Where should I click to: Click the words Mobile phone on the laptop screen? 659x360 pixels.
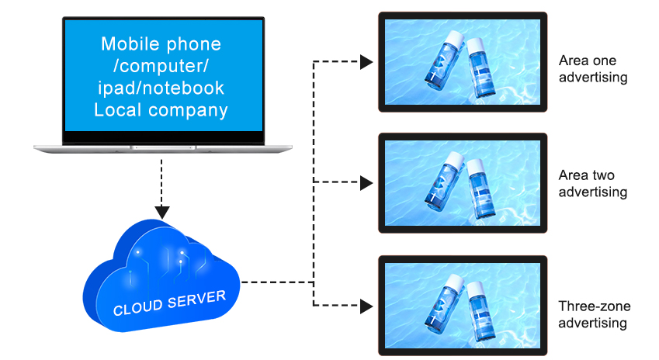point(161,44)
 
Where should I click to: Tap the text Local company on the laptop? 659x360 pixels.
point(161,109)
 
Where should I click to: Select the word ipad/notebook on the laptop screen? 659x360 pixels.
point(161,88)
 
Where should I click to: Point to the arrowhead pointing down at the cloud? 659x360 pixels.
point(162,211)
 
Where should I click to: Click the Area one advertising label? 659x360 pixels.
point(592,68)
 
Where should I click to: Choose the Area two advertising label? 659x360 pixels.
point(592,184)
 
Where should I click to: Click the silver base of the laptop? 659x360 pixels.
point(163,147)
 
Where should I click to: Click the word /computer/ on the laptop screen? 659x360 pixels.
point(161,66)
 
